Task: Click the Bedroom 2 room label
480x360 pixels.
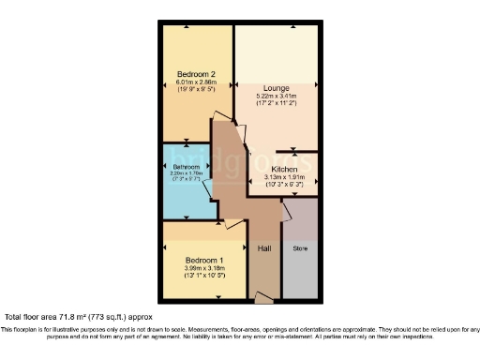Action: tap(197, 73)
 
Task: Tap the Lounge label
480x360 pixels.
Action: tap(277, 87)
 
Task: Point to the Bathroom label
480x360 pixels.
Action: tap(186, 167)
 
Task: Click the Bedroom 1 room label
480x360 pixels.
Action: tap(203, 260)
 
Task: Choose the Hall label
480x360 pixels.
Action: tap(264, 249)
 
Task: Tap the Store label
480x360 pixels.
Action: tap(300, 249)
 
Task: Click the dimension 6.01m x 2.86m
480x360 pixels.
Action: tap(197, 82)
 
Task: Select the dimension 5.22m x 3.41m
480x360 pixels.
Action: tap(277, 96)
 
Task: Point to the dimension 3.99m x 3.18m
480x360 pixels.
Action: tap(203, 269)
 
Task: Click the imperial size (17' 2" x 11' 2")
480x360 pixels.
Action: tap(277, 104)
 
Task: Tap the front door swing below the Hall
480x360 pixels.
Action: tap(265, 297)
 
